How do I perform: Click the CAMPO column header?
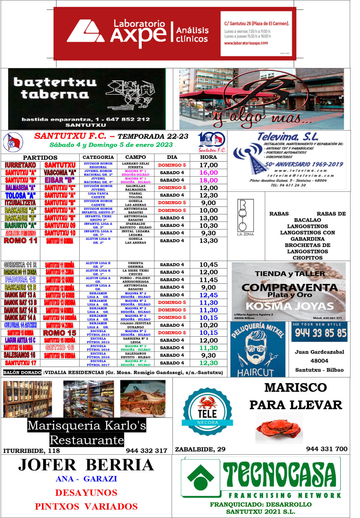pos(136,157)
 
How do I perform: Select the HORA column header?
pos(208,157)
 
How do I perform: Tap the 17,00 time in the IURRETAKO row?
pos(208,165)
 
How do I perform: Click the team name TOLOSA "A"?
pos(20,195)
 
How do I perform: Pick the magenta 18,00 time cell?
pos(208,180)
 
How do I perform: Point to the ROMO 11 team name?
pos(20,241)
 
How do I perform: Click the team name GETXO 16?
pos(60,348)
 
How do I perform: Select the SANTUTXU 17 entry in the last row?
pos(20,363)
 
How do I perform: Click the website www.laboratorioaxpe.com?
pos(246,43)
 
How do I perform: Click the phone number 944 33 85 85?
pos(320,333)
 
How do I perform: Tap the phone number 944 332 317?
pos(146,451)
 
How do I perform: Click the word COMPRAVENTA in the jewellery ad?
pos(289,287)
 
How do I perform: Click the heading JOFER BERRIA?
pos(86,465)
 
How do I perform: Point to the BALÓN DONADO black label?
pos(22,373)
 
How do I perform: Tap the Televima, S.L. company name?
pos(288,137)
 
